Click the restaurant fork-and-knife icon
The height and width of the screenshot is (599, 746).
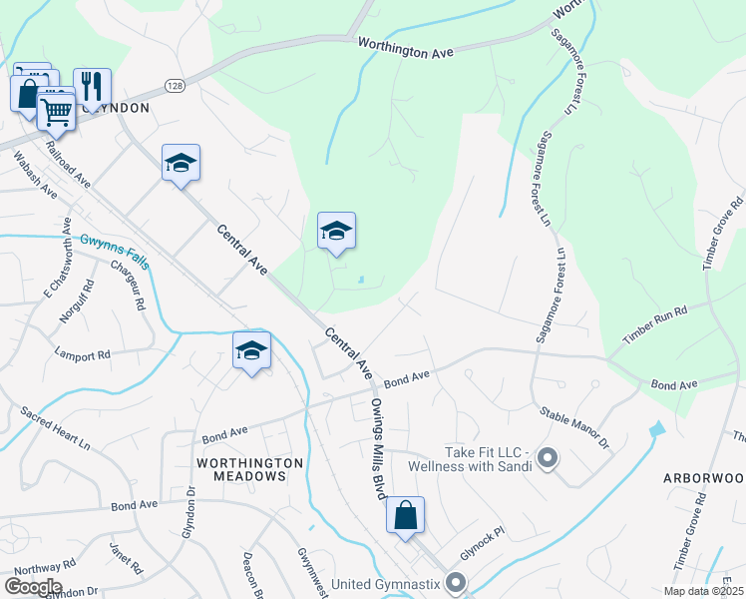[92, 86]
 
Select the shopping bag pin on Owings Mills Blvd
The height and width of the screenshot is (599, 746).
[405, 516]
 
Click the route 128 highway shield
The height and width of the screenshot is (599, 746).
[176, 86]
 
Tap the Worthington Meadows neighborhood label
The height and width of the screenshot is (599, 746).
[249, 469]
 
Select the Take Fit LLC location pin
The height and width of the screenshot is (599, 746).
[547, 458]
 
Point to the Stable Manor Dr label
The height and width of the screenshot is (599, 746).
[573, 425]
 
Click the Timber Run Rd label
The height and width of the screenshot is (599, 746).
[655, 325]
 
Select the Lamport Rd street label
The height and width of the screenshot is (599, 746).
[83, 354]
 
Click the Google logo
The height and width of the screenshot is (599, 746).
[33, 587]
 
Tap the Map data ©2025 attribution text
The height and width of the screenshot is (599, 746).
[702, 591]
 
